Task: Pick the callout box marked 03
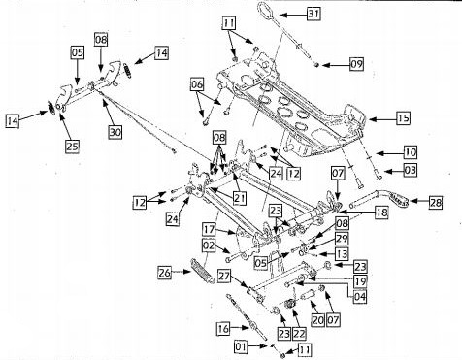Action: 412,171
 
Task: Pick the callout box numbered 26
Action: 164,274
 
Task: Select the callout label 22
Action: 299,333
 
